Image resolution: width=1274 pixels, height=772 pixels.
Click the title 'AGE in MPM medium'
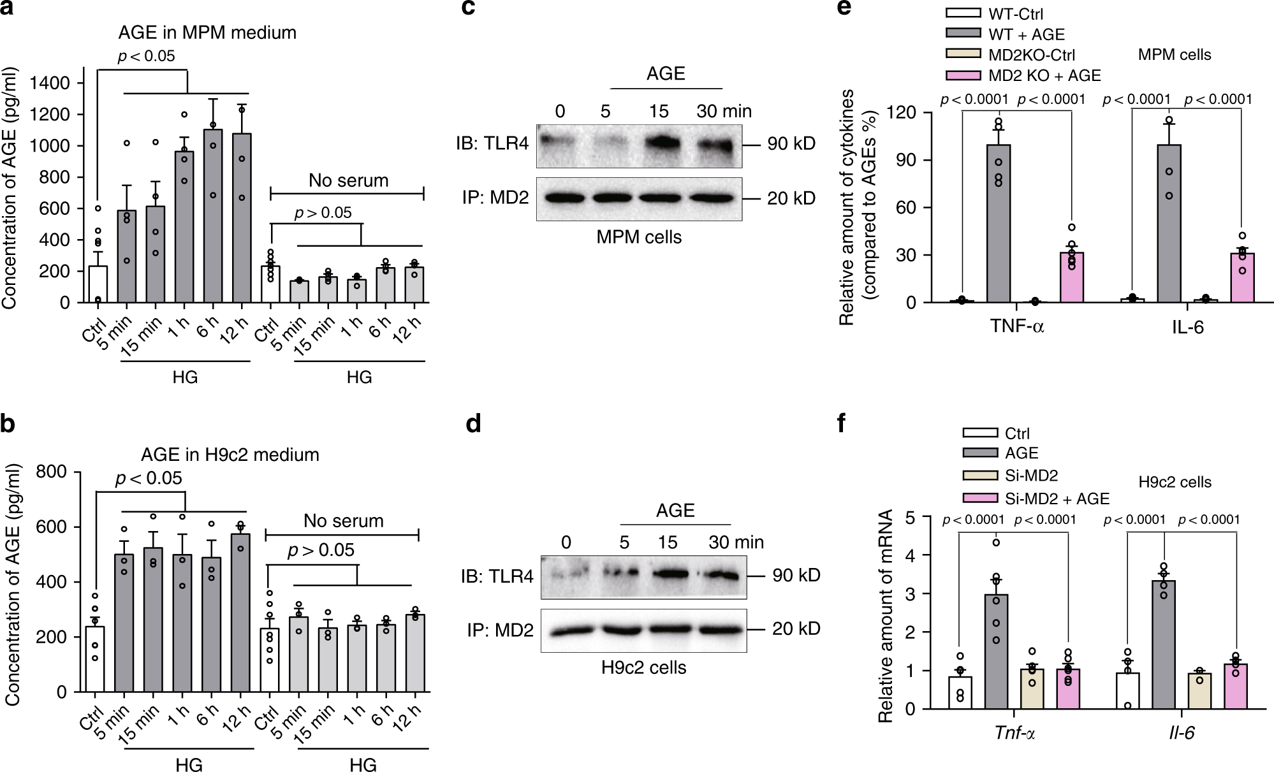[x=207, y=33]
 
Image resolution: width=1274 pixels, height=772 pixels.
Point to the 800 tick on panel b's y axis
[x=52, y=472]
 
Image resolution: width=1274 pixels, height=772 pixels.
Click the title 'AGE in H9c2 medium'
[x=230, y=455]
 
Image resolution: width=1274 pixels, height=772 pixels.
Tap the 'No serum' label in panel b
[x=343, y=521]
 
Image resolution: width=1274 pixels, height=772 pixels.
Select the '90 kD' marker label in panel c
[x=791, y=144]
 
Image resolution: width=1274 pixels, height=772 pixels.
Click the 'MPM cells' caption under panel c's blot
[x=639, y=237]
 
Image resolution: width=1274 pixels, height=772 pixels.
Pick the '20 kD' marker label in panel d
[x=796, y=629]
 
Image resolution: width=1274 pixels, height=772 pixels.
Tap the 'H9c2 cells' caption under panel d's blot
[x=643, y=667]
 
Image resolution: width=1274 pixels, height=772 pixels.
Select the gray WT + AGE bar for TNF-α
[x=999, y=223]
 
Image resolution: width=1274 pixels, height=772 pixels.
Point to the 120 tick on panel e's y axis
[x=905, y=113]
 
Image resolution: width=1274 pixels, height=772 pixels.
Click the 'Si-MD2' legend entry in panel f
[x=1031, y=476]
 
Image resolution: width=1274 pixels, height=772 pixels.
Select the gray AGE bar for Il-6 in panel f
[x=1164, y=645]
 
